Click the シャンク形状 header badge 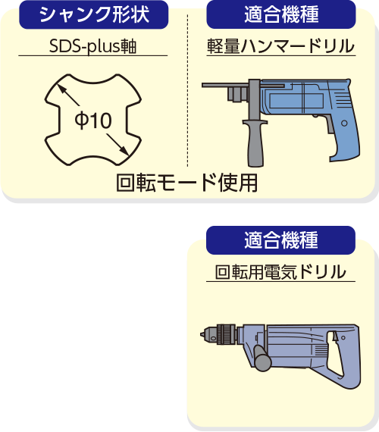click(x=94, y=14)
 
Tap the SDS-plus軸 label click(x=93, y=46)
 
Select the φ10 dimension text click(x=93, y=120)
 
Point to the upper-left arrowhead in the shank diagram click(x=61, y=88)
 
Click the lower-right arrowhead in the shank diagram click(x=124, y=152)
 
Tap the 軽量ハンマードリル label click(x=281, y=45)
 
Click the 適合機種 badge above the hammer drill click(x=281, y=14)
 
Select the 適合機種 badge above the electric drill click(x=281, y=240)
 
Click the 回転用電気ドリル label click(x=280, y=271)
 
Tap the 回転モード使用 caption click(x=187, y=183)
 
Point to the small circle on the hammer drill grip click(x=344, y=123)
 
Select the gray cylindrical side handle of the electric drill click(x=262, y=358)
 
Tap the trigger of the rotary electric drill click(x=336, y=337)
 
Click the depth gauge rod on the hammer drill click(x=243, y=86)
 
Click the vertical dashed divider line click(x=188, y=90)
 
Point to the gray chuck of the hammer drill click(x=237, y=94)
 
